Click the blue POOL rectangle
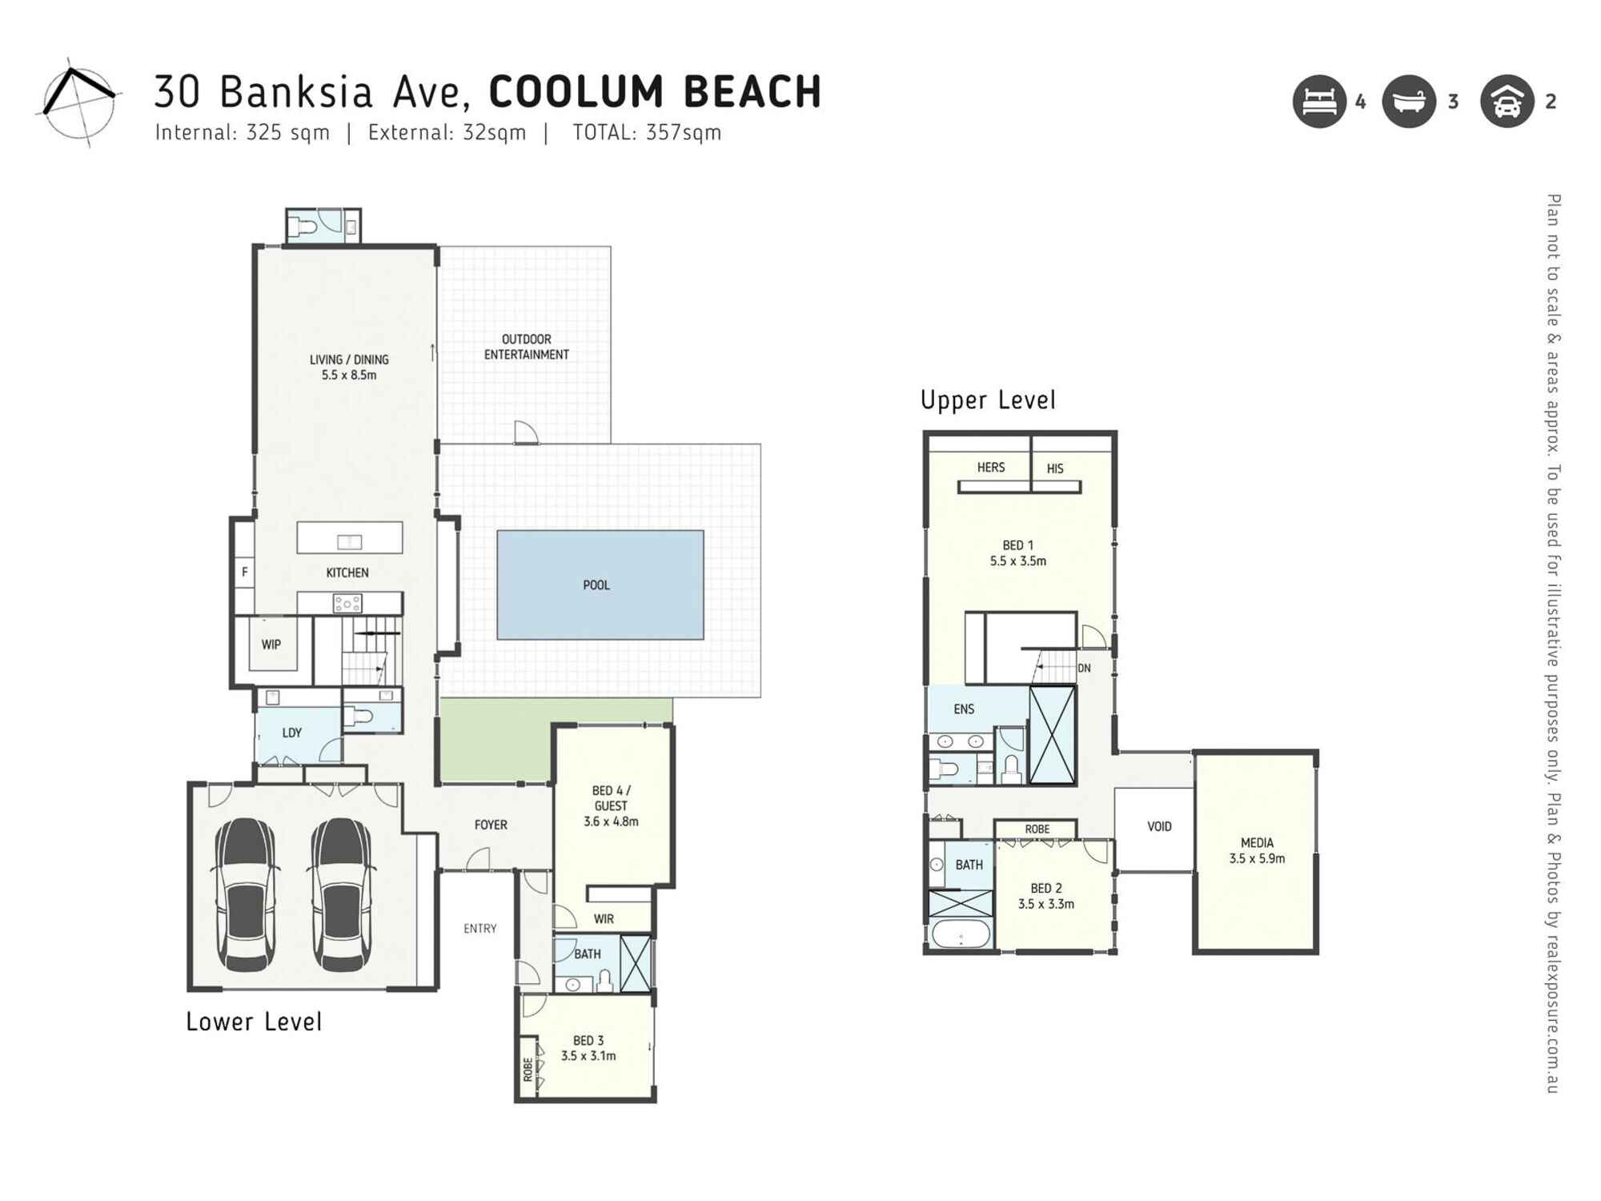click(600, 584)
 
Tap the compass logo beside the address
click(78, 102)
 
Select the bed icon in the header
click(1318, 102)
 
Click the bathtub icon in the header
click(1409, 102)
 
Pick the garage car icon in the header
click(1507, 102)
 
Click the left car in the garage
click(246, 893)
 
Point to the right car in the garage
click(341, 893)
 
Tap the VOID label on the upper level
click(1158, 826)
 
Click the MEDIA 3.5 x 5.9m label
click(1256, 850)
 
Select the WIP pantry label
click(271, 645)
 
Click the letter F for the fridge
click(244, 572)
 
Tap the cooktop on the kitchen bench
click(347, 604)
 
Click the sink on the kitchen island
click(349, 542)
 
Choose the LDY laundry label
click(291, 733)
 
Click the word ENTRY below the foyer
click(479, 928)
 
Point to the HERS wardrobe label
click(990, 467)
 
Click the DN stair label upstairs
click(1084, 668)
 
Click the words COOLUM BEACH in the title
click(655, 91)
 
